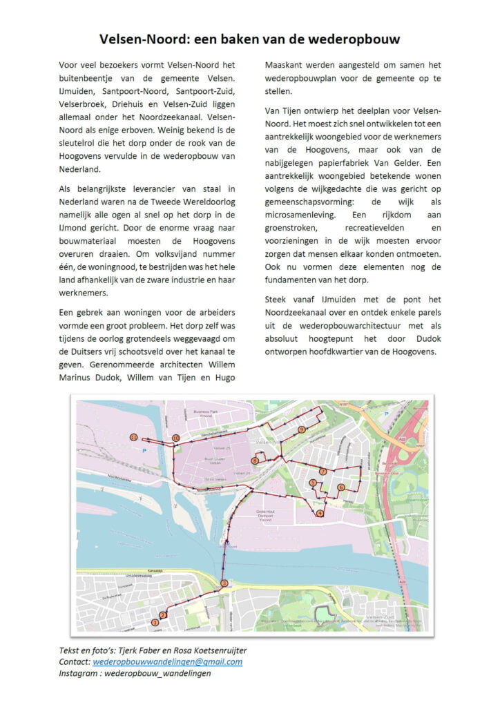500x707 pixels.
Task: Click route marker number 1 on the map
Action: pyautogui.click(x=155, y=623)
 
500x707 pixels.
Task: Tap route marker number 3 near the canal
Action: pyautogui.click(x=224, y=585)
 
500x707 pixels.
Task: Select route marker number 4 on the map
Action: pyautogui.click(x=320, y=513)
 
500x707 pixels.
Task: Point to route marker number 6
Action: pyautogui.click(x=341, y=487)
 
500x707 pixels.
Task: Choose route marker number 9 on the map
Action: pyautogui.click(x=302, y=429)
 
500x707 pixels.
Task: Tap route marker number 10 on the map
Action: pyautogui.click(x=176, y=438)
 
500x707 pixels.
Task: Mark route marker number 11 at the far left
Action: pyautogui.click(x=133, y=437)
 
